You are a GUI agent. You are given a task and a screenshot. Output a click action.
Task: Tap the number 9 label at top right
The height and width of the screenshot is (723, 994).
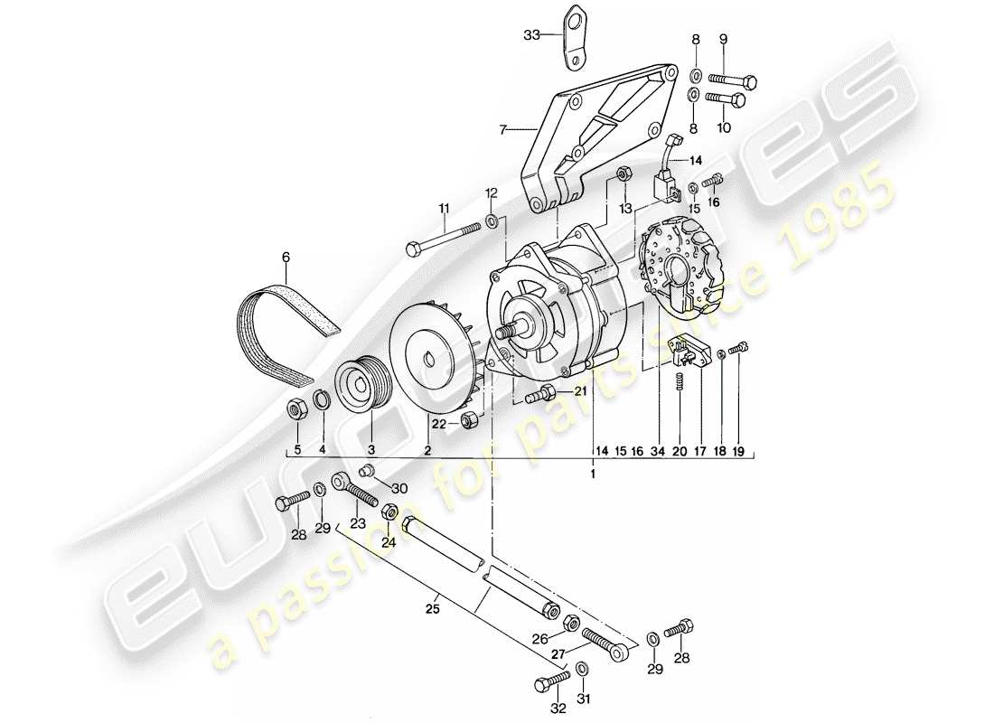pos(723,39)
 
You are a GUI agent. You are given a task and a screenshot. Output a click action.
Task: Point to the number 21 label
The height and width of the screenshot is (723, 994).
pos(577,390)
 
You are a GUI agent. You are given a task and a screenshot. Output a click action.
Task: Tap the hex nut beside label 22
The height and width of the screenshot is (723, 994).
pos(469,419)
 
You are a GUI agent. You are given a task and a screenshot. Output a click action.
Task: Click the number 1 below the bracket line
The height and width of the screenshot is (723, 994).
pos(594,473)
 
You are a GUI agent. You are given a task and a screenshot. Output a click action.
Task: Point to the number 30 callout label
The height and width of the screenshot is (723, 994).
pos(400,488)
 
